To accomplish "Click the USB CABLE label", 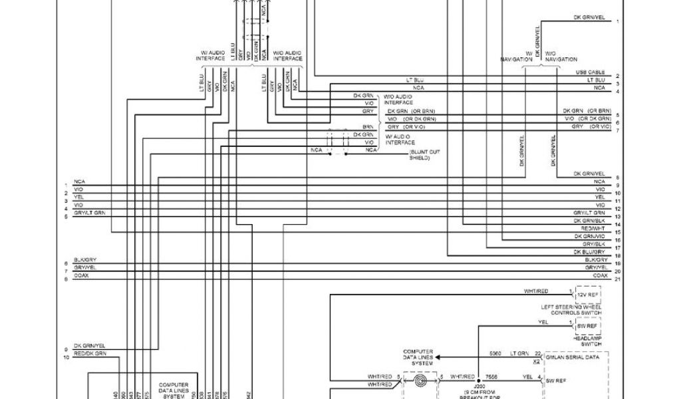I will click(x=591, y=72).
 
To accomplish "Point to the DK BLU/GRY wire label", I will click(x=588, y=252).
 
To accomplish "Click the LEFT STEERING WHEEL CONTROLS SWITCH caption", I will click(x=573, y=309).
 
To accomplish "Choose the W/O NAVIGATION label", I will click(x=561, y=56).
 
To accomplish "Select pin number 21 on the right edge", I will click(x=618, y=279).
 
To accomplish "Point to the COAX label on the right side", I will click(x=600, y=275).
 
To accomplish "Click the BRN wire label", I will click(x=368, y=126).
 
